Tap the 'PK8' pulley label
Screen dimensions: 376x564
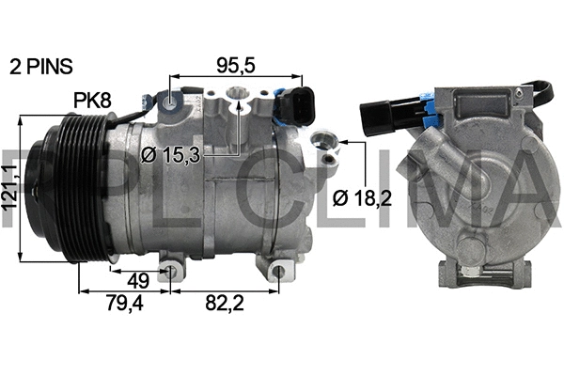(91, 99)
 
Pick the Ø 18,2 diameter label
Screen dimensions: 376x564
(361, 197)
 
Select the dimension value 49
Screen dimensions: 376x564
(137, 279)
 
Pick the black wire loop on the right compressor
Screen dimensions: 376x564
(540, 92)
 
